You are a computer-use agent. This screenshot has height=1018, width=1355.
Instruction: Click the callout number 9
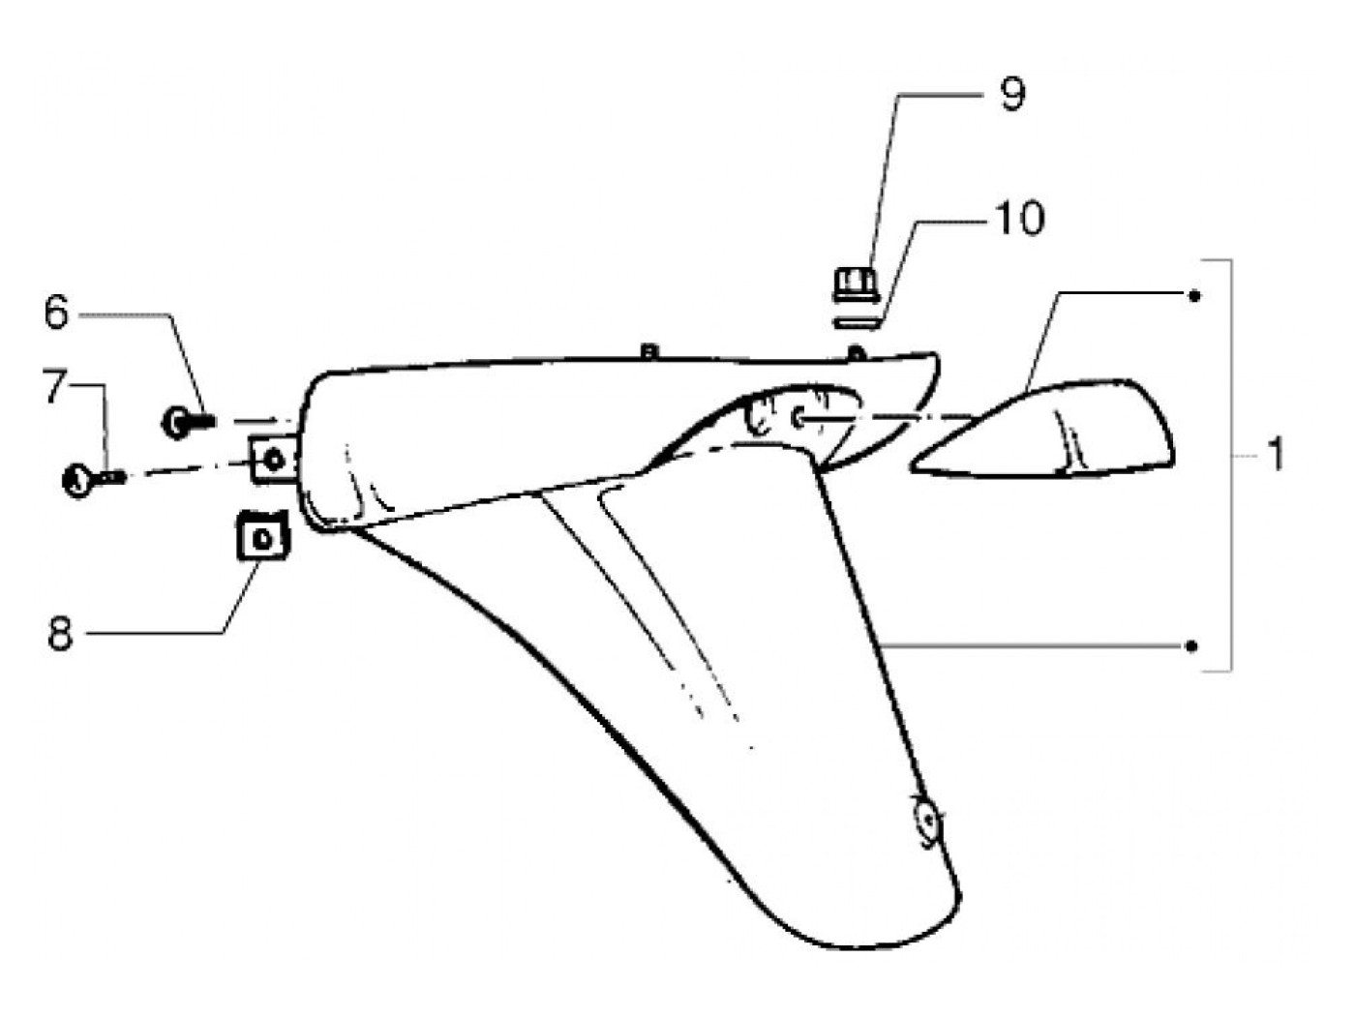coord(1010,95)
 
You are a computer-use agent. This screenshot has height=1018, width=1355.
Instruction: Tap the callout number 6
coord(57,313)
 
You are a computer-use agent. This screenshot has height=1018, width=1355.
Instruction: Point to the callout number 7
coord(55,386)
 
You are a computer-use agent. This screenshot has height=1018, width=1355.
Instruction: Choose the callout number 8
coord(60,635)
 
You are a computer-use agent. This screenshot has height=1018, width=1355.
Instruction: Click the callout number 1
coord(1276,453)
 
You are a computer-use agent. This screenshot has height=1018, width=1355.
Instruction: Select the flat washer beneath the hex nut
coord(857,317)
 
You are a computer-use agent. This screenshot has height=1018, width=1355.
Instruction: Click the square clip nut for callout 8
coord(263,535)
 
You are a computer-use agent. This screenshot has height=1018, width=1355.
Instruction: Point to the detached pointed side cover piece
coord(1055,431)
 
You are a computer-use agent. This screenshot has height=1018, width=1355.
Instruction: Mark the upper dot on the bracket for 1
coord(1194,295)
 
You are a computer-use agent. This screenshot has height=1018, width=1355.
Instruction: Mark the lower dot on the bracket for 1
coord(1193,645)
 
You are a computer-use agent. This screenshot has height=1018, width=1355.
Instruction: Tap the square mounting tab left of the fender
coord(274,459)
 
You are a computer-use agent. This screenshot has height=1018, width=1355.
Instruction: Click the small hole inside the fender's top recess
coord(798,418)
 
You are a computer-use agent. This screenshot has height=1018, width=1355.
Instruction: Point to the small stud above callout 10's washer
coord(853,352)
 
